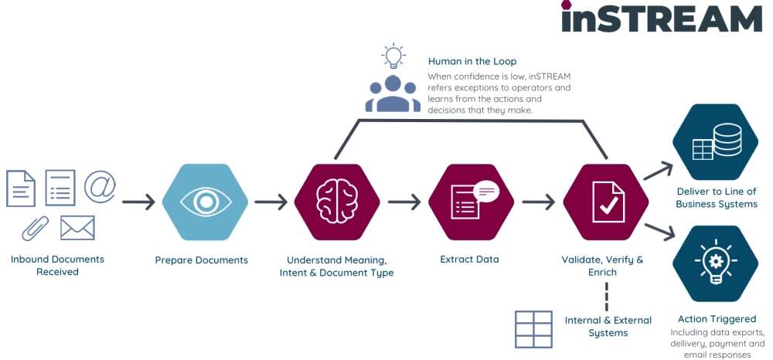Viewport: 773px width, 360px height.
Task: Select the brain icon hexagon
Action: [x=336, y=202]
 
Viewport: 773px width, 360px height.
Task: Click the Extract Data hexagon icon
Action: [x=470, y=202]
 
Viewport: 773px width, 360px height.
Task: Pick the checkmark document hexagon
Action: [x=604, y=202]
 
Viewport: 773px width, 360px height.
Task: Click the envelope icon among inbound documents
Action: [x=77, y=227]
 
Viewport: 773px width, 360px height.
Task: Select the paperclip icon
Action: [x=36, y=227]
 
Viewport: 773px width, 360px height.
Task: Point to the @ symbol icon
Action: [x=100, y=186]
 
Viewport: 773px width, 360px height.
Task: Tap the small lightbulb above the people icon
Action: [x=393, y=56]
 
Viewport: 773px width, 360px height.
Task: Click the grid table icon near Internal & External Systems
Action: [x=533, y=329]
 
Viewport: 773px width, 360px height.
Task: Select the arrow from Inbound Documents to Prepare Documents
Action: [x=138, y=203]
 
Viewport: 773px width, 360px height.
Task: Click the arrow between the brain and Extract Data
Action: [x=404, y=203]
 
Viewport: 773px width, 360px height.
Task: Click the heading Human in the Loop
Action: [x=472, y=61]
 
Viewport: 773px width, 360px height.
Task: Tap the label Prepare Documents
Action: [x=201, y=260]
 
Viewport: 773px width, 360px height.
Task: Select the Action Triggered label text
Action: [x=717, y=318]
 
